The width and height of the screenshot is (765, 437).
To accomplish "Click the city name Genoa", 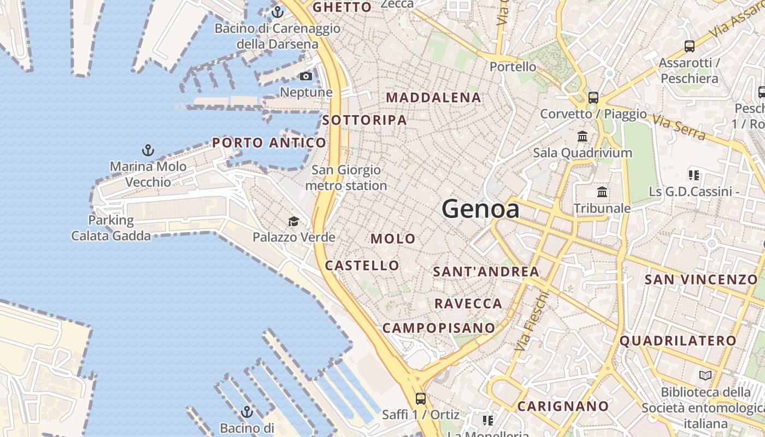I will click(480, 209).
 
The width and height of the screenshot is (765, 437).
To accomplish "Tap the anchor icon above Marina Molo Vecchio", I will click(148, 150).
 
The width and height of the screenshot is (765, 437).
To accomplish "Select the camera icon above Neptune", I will click(306, 76).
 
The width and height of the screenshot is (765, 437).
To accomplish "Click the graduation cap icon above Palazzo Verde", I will click(293, 221).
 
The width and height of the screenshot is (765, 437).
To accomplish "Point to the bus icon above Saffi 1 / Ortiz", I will click(420, 398).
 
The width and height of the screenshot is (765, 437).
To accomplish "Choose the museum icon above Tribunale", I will click(602, 192).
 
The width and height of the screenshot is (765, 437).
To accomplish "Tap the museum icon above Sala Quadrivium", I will click(582, 136).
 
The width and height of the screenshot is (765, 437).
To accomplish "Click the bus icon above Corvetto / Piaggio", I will click(593, 98).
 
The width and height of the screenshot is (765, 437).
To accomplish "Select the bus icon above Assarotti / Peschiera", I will click(689, 46).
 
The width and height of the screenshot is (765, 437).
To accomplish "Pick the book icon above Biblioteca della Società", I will click(705, 376).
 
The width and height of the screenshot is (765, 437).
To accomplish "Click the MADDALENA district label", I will click(433, 98).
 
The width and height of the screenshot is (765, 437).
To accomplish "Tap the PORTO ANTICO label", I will click(269, 143).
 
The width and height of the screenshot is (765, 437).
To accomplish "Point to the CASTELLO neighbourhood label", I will click(362, 265).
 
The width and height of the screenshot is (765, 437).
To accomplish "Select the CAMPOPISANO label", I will click(439, 328).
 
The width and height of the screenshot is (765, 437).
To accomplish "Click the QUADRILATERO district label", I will click(678, 341).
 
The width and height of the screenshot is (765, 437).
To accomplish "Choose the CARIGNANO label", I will click(563, 406).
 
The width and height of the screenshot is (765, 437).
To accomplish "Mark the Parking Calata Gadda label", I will click(111, 228).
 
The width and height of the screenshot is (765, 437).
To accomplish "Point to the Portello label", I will click(513, 67).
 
